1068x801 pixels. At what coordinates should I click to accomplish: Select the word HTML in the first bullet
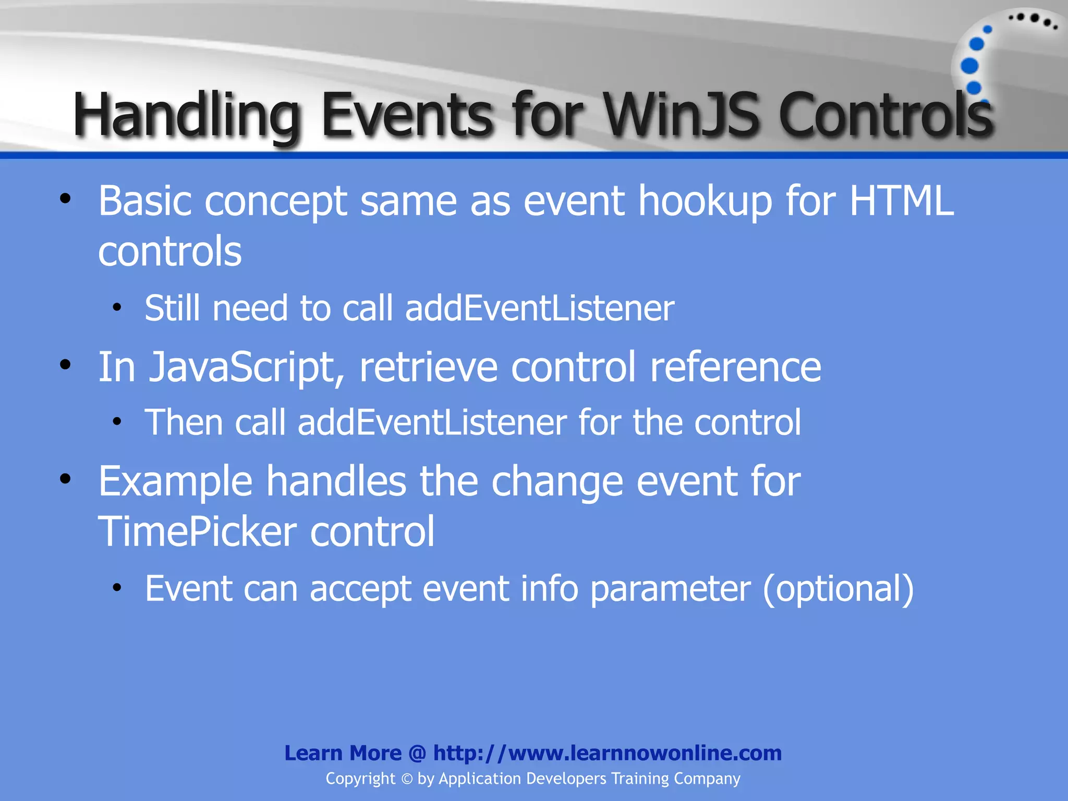pyautogui.click(x=902, y=201)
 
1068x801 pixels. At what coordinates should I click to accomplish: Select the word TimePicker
pyautogui.click(x=198, y=531)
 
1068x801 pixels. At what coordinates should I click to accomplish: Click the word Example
pyautogui.click(x=175, y=482)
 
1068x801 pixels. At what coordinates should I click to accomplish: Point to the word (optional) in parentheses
pyautogui.click(x=838, y=589)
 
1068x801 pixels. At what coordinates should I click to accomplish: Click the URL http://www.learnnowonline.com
pyautogui.click(x=607, y=753)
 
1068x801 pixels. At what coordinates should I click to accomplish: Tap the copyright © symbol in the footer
pyautogui.click(x=407, y=779)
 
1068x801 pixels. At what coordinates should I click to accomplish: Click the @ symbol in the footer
pyautogui.click(x=417, y=754)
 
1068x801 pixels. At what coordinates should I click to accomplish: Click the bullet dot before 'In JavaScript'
pyautogui.click(x=65, y=365)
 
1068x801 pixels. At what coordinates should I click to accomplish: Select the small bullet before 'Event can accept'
pyautogui.click(x=117, y=587)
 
